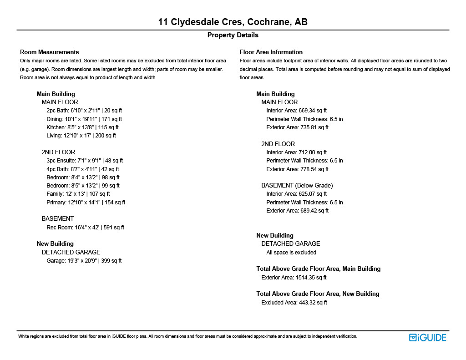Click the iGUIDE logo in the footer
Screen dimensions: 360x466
427,338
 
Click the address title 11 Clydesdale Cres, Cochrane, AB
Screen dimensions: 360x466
233,22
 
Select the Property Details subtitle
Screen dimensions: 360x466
233,35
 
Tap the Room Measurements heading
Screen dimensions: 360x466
50,52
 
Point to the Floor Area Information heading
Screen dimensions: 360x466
271,52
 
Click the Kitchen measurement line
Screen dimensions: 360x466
82,127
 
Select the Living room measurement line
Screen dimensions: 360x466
81,136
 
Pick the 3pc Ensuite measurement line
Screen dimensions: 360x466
85,161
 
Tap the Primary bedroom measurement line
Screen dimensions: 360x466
86,203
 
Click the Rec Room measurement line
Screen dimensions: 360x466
85,228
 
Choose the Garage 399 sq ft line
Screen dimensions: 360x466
84,261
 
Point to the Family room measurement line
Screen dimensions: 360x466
78,194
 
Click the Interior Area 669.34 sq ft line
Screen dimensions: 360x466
296,111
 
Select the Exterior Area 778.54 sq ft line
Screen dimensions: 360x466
297,169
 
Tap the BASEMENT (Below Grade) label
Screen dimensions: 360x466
297,186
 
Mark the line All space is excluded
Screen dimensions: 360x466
291,253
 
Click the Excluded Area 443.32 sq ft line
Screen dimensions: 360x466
294,303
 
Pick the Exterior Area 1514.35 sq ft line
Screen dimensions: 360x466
294,278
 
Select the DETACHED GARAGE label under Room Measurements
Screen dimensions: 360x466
71,252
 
